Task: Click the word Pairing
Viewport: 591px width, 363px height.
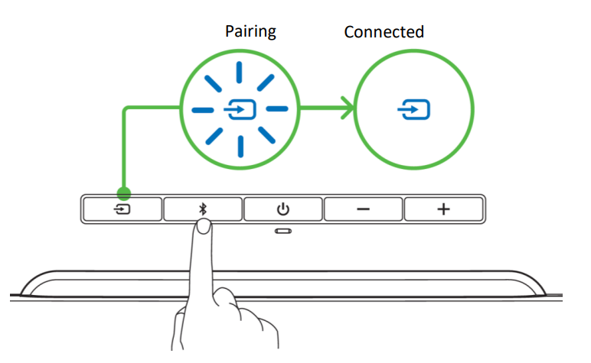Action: [250, 32]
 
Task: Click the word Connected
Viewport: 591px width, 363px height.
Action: [384, 32]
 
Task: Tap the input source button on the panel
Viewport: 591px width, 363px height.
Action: [122, 209]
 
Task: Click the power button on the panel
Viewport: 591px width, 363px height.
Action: [283, 209]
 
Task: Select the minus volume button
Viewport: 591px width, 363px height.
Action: [363, 209]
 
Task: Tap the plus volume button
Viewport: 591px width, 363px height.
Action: [443, 209]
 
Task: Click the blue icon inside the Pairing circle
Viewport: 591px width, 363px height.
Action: [238, 112]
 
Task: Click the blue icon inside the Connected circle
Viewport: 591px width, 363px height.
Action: [413, 112]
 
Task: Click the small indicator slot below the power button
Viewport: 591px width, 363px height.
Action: [283, 231]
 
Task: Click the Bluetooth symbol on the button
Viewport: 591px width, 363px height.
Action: [203, 208]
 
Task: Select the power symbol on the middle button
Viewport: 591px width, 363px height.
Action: [283, 209]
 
